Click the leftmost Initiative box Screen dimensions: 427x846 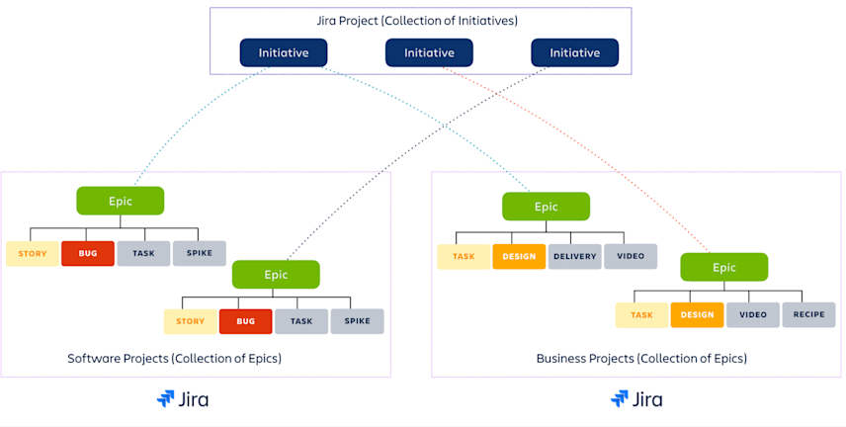[x=284, y=52]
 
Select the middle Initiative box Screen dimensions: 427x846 [x=429, y=52]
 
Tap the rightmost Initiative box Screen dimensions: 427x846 [x=574, y=52]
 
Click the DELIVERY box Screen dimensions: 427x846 [x=574, y=257]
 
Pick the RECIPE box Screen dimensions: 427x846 [x=808, y=315]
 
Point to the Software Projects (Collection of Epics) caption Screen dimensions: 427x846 [x=174, y=358]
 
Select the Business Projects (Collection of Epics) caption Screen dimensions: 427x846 [x=641, y=358]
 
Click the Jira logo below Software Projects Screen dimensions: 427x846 [x=183, y=399]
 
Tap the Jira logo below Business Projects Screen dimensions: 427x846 [x=636, y=399]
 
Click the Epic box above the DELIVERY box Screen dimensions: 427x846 [x=546, y=207]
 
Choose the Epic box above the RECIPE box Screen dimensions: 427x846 [x=723, y=267]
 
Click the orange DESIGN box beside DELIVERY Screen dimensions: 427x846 [x=519, y=257]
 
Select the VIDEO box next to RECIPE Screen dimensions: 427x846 [x=753, y=315]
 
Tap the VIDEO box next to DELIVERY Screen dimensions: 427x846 [x=631, y=257]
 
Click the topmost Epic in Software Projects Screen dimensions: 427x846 [x=120, y=201]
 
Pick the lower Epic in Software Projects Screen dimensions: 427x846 [x=276, y=274]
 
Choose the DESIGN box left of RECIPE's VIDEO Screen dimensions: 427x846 [x=697, y=315]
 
